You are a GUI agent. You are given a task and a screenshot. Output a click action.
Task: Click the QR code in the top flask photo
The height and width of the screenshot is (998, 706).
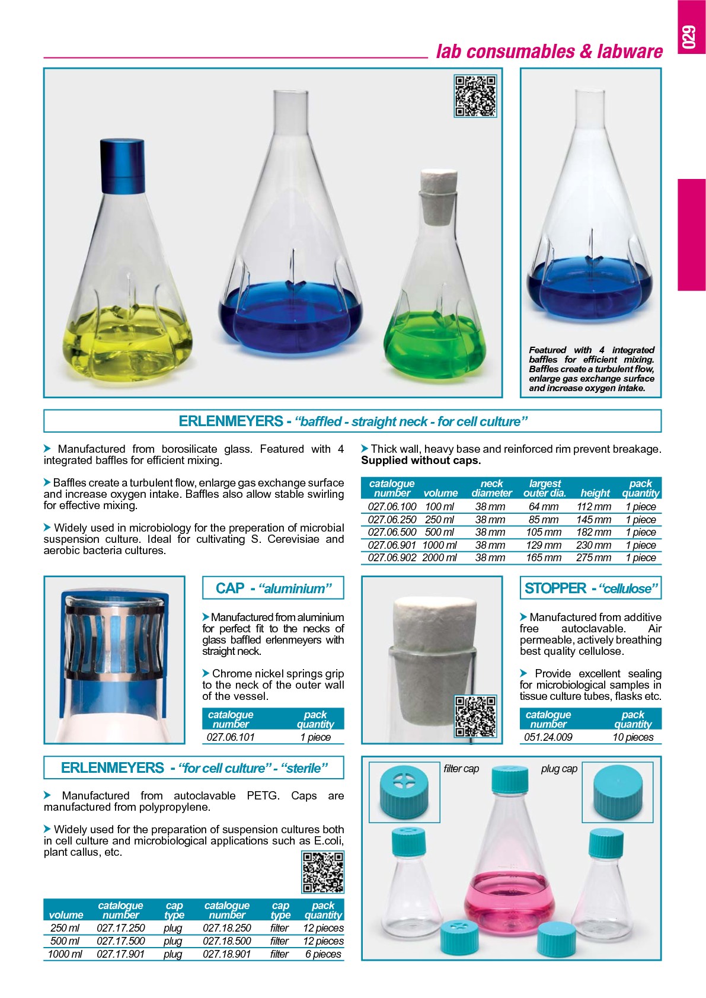click(x=475, y=96)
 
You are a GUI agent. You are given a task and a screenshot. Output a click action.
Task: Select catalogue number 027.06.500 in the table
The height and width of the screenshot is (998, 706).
click(x=392, y=532)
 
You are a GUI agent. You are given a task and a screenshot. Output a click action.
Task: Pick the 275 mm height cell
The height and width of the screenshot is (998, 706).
click(x=593, y=558)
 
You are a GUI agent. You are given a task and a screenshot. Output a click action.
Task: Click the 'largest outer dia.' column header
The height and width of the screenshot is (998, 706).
click(x=544, y=488)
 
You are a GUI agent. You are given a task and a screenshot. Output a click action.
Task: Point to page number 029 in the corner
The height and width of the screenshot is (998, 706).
click(x=690, y=37)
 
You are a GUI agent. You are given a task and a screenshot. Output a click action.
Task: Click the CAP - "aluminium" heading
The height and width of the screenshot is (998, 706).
click(x=273, y=588)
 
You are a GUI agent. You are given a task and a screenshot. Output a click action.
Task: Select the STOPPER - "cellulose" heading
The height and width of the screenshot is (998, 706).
click(x=590, y=588)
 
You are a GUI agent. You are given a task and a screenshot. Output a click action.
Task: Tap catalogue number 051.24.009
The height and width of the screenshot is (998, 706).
click(x=548, y=737)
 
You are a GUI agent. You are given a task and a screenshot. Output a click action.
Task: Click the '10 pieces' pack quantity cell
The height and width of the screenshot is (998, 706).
click(x=632, y=737)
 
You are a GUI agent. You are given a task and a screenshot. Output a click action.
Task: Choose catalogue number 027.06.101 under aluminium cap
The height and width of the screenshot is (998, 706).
click(x=231, y=737)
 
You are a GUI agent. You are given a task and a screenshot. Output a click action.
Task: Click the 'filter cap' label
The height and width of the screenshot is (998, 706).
click(x=461, y=769)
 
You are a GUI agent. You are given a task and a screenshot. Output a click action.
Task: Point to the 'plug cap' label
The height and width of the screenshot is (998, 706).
click(x=558, y=769)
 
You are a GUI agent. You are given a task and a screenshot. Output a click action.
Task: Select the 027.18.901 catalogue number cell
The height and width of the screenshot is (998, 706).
click(x=227, y=954)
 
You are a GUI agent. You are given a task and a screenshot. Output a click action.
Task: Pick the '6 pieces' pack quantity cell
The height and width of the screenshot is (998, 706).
click(x=323, y=954)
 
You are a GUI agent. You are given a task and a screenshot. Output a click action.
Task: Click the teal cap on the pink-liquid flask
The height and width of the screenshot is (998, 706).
click(x=510, y=779)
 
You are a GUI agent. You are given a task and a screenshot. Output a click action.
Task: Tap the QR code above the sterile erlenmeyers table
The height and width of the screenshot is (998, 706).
click(x=322, y=872)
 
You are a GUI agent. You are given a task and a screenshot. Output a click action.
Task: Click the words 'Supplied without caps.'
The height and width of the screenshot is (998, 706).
click(x=421, y=460)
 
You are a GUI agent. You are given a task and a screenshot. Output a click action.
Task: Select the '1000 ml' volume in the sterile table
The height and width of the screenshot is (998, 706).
click(x=65, y=954)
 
